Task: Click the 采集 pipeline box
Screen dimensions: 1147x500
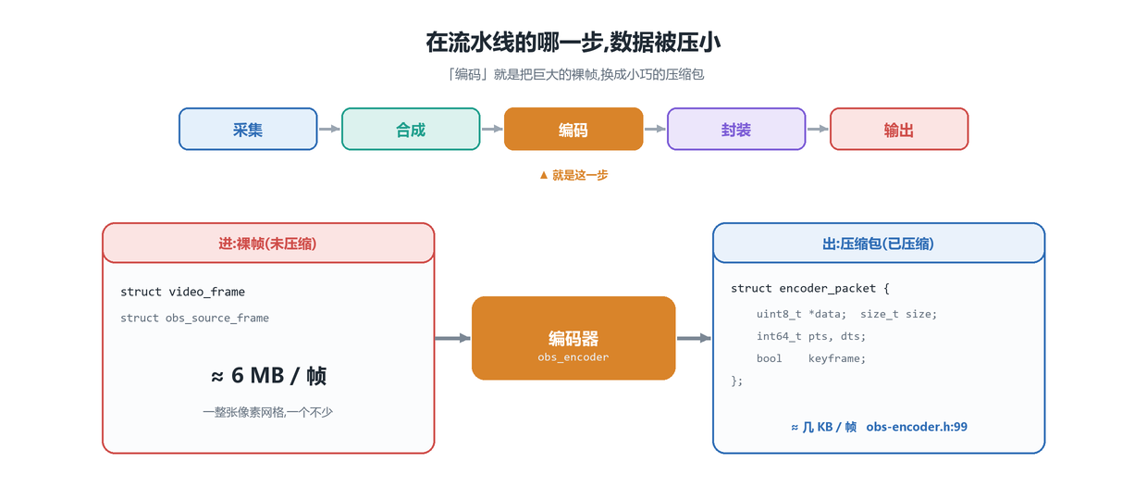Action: click(248, 129)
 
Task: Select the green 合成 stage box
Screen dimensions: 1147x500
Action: click(411, 129)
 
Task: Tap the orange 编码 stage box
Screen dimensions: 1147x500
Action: click(573, 129)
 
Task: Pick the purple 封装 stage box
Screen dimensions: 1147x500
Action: click(736, 129)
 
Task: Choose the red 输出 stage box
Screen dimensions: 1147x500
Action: click(899, 129)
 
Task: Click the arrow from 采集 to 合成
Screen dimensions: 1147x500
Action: click(329, 129)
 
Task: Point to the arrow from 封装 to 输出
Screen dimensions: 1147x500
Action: click(818, 129)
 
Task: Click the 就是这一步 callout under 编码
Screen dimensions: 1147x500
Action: click(573, 175)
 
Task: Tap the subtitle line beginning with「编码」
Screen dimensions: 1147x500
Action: click(574, 75)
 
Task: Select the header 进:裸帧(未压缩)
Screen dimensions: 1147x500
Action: click(268, 244)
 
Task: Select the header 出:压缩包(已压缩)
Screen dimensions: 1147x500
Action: click(878, 244)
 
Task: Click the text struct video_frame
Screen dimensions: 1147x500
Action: click(183, 292)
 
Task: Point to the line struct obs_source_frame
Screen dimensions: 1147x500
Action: click(194, 318)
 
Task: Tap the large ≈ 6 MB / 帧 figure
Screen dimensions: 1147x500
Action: click(268, 375)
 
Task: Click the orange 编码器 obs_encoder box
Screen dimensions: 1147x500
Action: click(573, 338)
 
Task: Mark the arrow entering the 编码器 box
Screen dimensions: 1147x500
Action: click(452, 338)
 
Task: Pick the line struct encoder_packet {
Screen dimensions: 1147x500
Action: click(810, 288)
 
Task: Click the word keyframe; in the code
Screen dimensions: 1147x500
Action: click(837, 358)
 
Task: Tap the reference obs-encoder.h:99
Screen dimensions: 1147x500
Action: click(917, 427)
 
